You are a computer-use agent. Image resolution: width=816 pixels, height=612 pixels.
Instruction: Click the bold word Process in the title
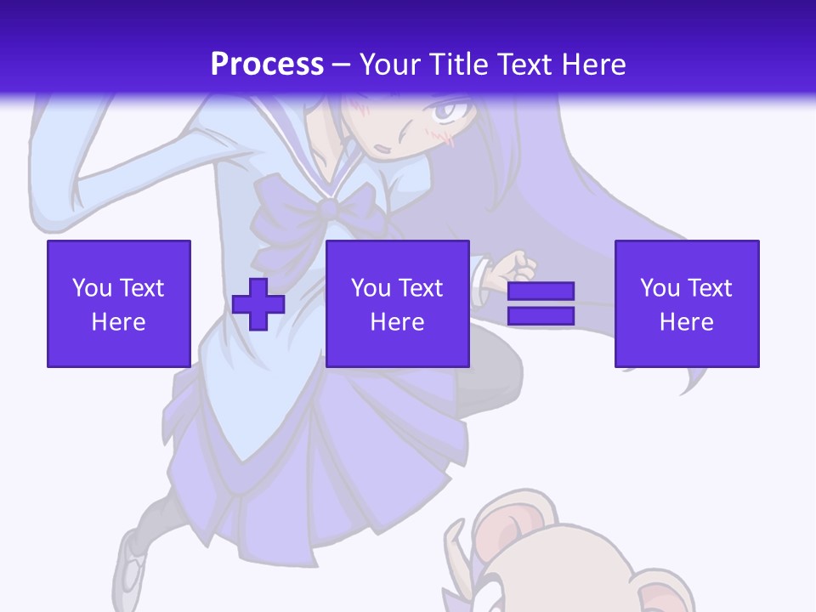pos(267,65)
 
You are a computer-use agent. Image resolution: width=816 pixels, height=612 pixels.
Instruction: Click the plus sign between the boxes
pos(258,304)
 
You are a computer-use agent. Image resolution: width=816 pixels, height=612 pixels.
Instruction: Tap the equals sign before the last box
pos(541,303)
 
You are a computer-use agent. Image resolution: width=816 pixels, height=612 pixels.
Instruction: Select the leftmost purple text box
pos(119,303)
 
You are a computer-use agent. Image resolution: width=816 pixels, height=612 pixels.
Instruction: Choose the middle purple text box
pos(398,303)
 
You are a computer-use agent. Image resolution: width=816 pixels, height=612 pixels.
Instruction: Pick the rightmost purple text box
pos(687,303)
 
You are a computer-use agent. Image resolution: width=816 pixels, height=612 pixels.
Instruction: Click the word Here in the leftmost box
pos(119,322)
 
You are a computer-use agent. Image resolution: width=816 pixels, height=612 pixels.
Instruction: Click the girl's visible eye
pos(449,110)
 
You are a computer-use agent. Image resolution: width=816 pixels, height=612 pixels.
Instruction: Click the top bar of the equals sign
pos(541,292)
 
